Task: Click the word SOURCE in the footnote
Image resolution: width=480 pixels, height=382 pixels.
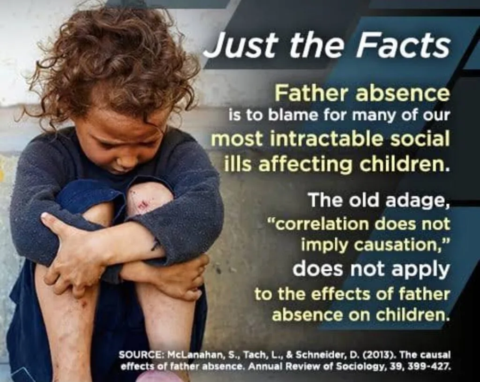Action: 141,355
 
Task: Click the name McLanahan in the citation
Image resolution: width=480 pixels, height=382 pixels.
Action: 195,355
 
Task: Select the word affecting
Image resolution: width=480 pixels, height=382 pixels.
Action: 306,164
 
